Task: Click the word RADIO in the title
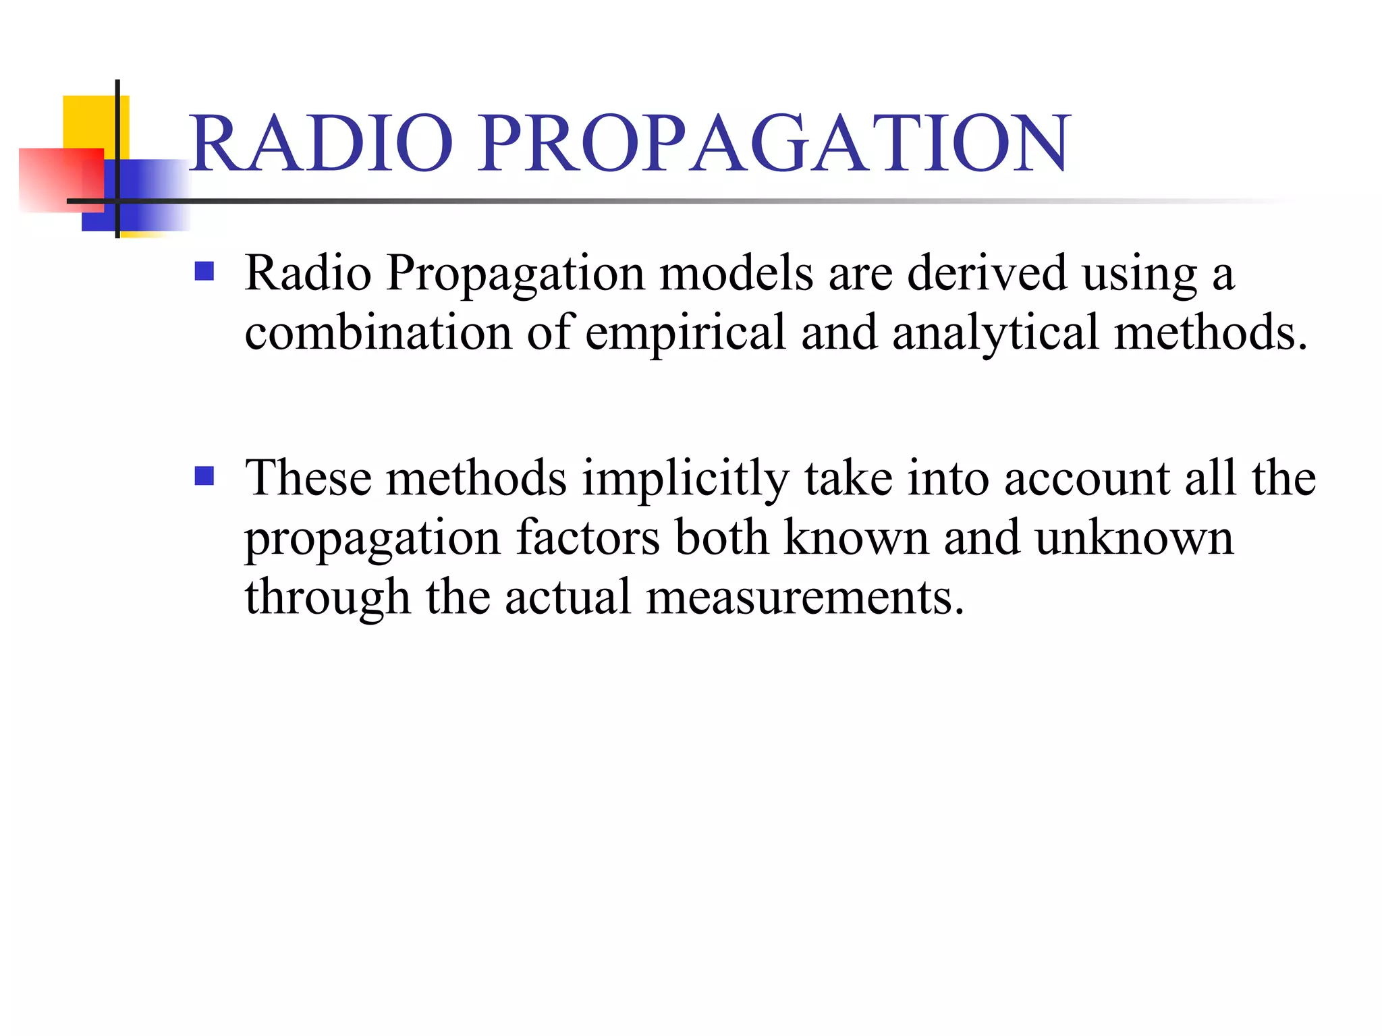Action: click(321, 143)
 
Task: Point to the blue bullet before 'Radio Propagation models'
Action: click(204, 271)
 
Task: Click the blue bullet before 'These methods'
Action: click(204, 476)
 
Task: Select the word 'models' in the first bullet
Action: click(736, 274)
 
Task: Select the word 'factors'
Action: click(588, 538)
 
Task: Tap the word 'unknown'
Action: click(1134, 538)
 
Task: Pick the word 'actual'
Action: click(568, 598)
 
